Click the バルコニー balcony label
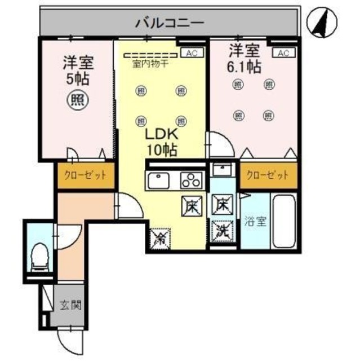point(168,24)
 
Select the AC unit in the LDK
point(192,53)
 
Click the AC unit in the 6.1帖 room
point(283,53)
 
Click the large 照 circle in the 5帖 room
point(77,102)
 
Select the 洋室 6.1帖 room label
point(243,58)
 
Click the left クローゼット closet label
point(85,175)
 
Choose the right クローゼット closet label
point(267,175)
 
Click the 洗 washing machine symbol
point(222,230)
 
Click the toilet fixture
point(39,257)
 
